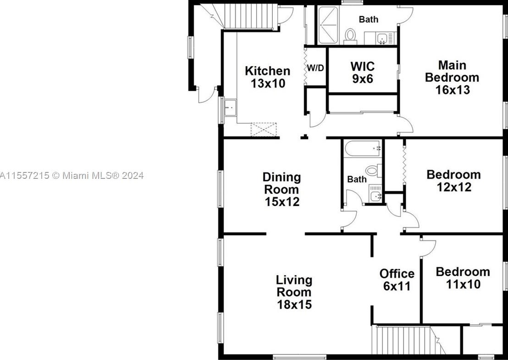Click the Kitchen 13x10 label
pyautogui.click(x=267, y=77)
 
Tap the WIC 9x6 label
pyautogui.click(x=363, y=72)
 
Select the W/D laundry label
pyautogui.click(x=315, y=68)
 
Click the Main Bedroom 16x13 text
pyautogui.click(x=452, y=78)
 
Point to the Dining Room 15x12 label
pyautogui.click(x=282, y=189)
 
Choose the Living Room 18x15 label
pyautogui.click(x=294, y=292)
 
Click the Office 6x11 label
pyautogui.click(x=397, y=280)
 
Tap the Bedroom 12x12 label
pyautogui.click(x=453, y=181)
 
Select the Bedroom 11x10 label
pyautogui.click(x=462, y=278)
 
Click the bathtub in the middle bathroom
pyautogui.click(x=362, y=149)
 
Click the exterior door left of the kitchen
pyautogui.click(x=205, y=94)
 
